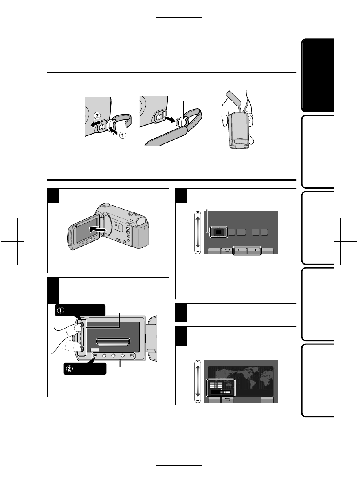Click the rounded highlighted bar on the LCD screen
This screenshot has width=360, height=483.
pos(113,342)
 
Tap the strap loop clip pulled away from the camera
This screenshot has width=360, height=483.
pos(183,120)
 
